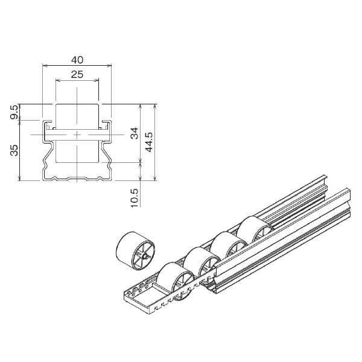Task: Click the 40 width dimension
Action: point(77,59)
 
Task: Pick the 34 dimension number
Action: point(135,133)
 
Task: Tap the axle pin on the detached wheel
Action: point(148,258)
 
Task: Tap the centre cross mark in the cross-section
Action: point(77,133)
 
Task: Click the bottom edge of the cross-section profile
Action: point(77,180)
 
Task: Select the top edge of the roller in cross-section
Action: point(77,104)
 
